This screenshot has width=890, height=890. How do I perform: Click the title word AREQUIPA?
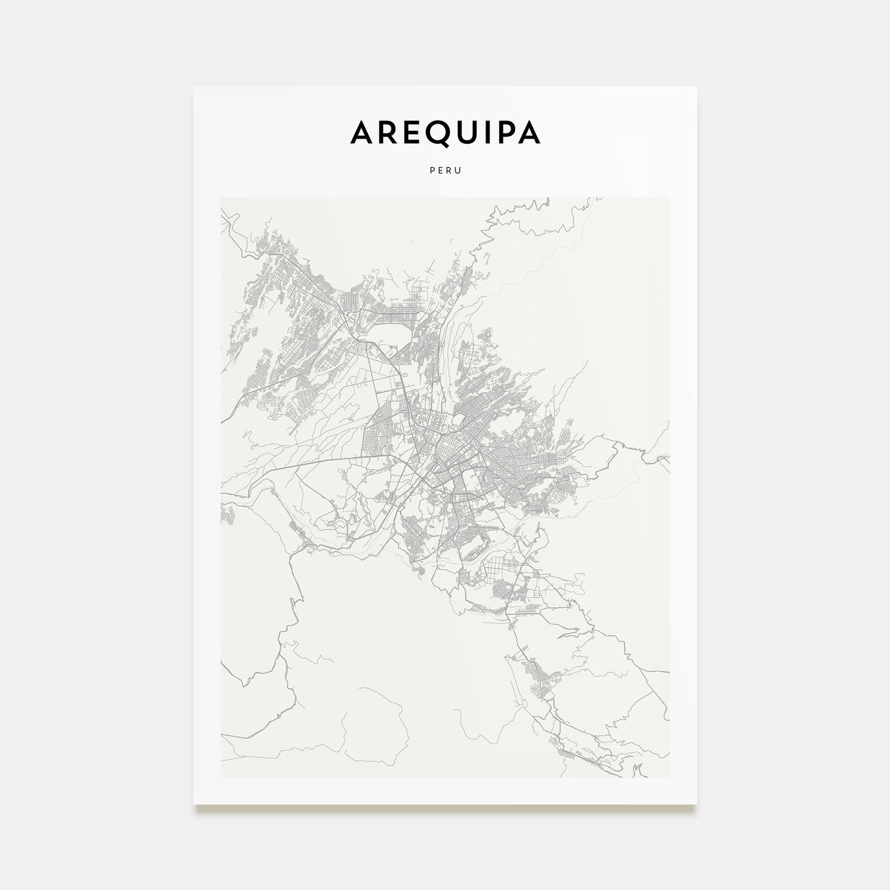pos(445,132)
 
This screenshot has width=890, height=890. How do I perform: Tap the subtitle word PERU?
pos(445,170)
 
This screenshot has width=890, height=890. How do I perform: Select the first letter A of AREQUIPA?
pos(361,132)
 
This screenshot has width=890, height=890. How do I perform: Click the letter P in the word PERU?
pos(432,170)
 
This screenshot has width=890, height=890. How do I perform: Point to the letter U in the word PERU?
pos(458,170)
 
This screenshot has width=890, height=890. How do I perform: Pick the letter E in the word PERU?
pos(440,170)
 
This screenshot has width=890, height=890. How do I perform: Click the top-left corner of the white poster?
pos(194,86)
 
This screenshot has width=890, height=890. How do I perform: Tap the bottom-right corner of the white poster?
pos(697,804)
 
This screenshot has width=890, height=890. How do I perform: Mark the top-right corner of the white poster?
pos(697,86)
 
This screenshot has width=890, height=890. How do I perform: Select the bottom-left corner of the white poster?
pos(194,804)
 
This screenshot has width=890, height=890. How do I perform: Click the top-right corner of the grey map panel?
pos(669,198)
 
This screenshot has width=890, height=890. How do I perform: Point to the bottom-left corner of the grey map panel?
pos(221,777)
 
